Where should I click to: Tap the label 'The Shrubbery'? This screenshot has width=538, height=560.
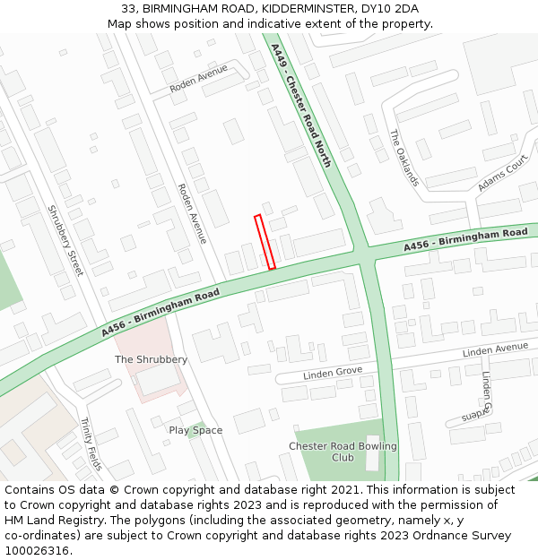click(x=152, y=359)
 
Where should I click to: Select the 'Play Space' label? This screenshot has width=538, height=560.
click(x=195, y=430)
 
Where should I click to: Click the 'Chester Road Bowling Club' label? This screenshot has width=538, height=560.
click(x=343, y=452)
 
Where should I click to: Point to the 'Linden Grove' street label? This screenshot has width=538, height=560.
click(x=332, y=373)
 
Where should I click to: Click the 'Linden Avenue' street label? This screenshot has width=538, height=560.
click(x=495, y=349)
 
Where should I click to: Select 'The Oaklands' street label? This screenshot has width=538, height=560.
click(x=403, y=158)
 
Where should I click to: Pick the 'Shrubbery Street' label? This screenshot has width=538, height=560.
click(x=64, y=240)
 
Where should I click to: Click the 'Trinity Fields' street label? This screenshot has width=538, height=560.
click(x=91, y=444)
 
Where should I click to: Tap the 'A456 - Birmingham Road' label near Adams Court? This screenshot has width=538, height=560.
click(x=465, y=239)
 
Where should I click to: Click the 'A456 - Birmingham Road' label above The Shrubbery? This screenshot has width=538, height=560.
click(x=161, y=313)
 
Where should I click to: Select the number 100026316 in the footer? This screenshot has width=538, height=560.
click(x=38, y=550)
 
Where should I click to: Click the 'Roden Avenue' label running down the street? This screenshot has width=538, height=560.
click(x=192, y=213)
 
